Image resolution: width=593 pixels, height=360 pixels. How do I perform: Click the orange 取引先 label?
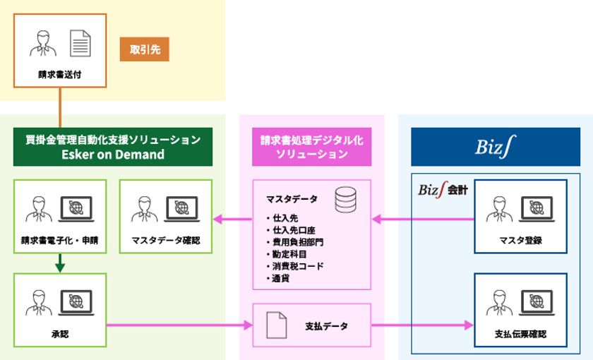click(144, 49)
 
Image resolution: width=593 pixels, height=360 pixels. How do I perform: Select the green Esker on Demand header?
click(112, 147)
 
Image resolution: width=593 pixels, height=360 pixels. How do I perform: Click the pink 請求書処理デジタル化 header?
click(311, 147)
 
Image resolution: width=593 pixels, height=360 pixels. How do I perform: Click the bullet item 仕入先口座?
click(294, 230)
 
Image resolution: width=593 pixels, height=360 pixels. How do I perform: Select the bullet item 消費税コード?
click(299, 266)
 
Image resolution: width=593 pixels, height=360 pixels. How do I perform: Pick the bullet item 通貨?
click(281, 278)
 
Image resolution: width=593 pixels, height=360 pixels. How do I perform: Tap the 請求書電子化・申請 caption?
click(59, 240)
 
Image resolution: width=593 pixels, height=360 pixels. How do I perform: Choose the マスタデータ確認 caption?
click(165, 240)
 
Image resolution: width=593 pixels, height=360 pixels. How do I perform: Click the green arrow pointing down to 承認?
click(59, 263)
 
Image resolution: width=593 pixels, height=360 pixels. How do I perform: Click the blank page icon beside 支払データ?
click(276, 325)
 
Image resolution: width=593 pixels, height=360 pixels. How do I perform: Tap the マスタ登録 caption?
click(520, 240)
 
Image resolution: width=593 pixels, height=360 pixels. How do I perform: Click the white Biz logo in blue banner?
click(495, 147)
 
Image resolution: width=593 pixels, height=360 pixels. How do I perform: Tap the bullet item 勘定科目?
click(289, 254)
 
